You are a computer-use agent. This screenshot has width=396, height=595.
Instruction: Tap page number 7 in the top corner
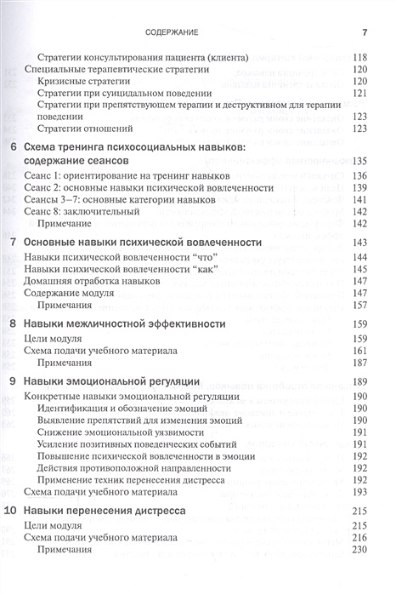coord(363,33)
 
